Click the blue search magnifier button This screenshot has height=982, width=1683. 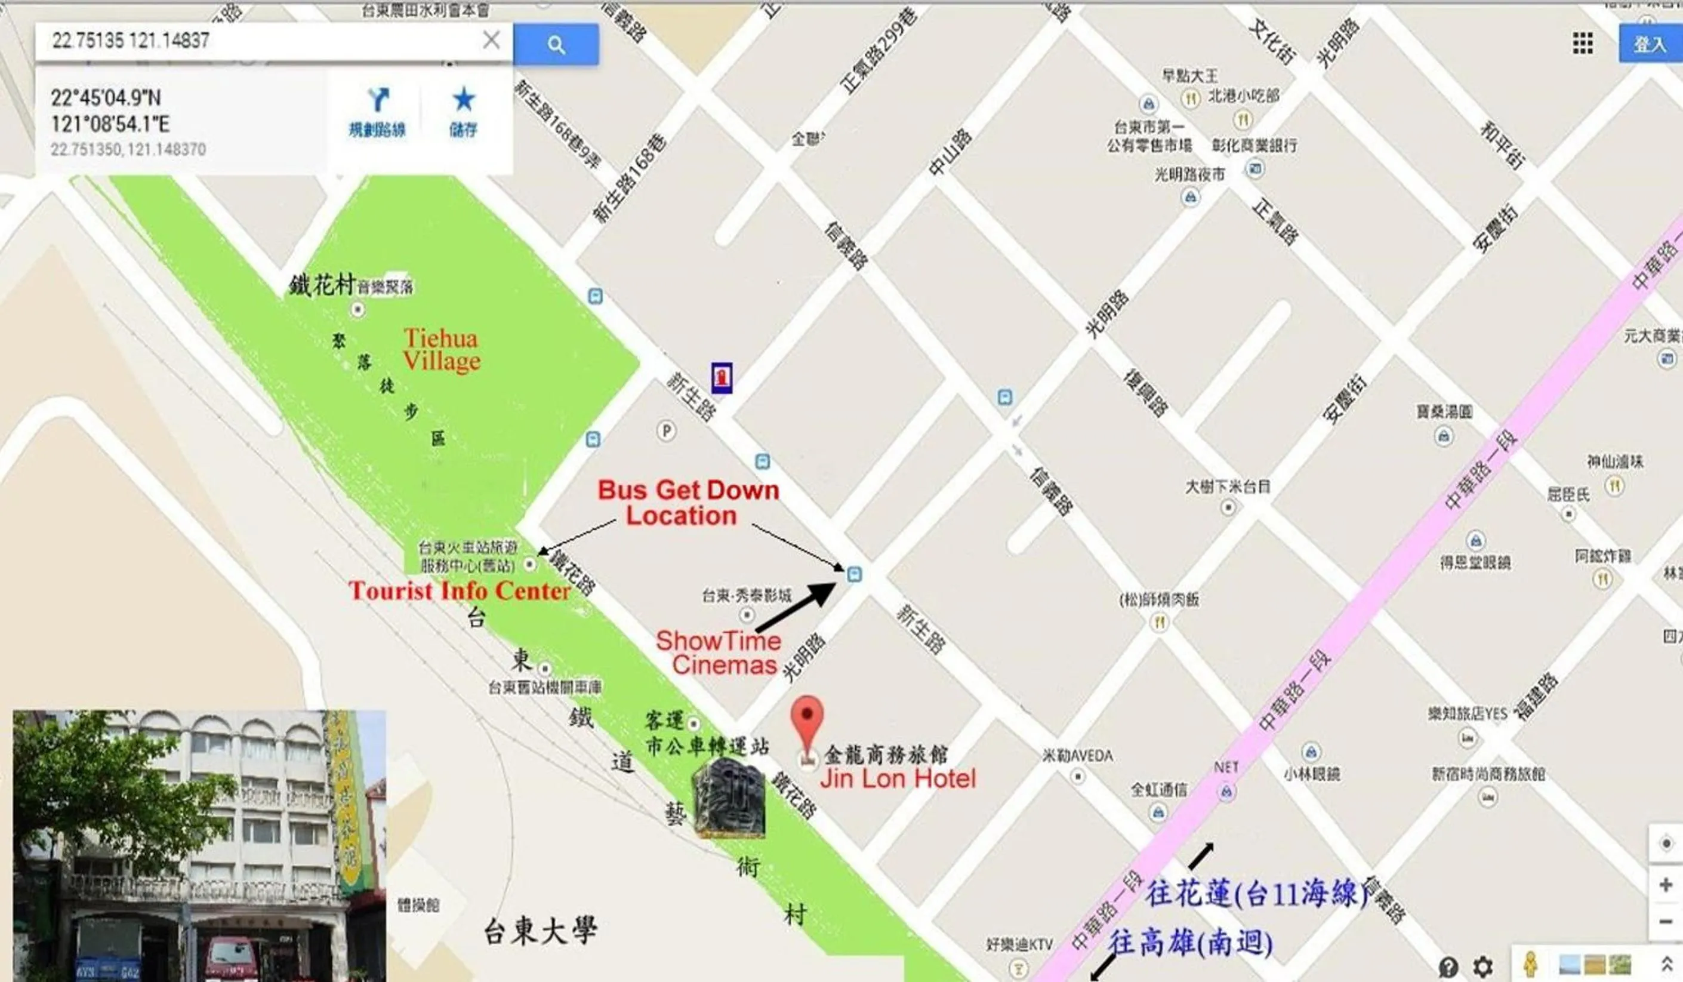[x=556, y=45]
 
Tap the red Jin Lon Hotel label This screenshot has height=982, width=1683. [x=897, y=779]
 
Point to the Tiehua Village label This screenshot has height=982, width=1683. [x=442, y=349]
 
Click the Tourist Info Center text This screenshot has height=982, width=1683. [x=460, y=590]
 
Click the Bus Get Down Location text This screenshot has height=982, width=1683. [x=688, y=503]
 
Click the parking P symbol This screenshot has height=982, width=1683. [x=666, y=431]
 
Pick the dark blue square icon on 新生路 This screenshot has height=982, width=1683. [x=722, y=377]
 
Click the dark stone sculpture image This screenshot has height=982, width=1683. [x=730, y=798]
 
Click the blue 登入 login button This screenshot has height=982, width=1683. [x=1650, y=44]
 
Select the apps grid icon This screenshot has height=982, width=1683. [x=1582, y=44]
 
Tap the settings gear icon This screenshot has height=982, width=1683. [x=1483, y=966]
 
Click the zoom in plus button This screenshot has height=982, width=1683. [x=1666, y=885]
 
